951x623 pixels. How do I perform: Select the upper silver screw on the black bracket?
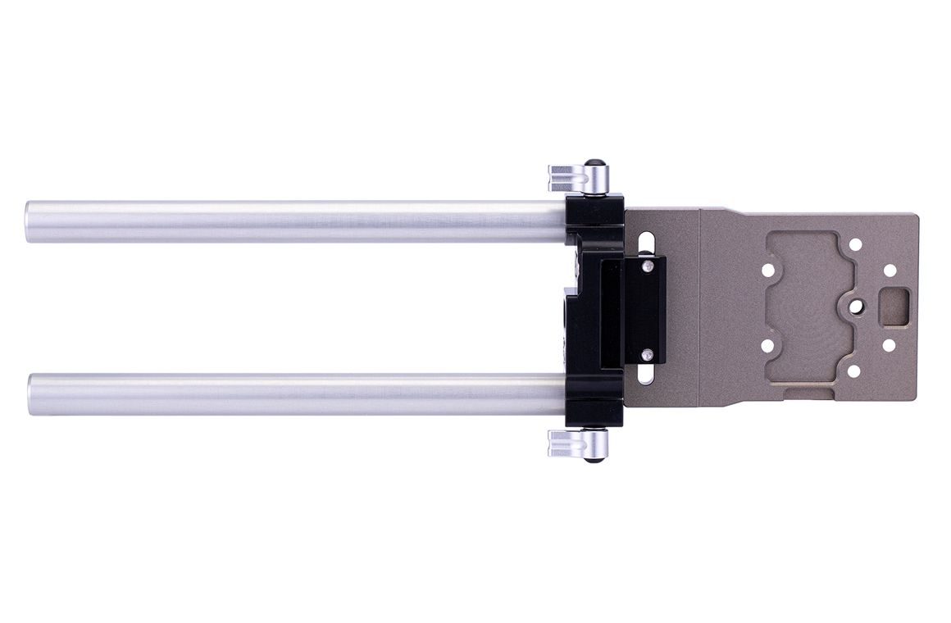(x=648, y=266)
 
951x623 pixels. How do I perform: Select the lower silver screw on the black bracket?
(x=648, y=354)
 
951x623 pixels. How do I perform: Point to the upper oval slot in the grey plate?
(x=648, y=243)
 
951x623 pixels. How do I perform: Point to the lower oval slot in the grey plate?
(x=648, y=375)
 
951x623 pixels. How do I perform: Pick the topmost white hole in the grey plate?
(x=855, y=244)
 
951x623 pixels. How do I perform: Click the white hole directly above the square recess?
(x=889, y=269)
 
